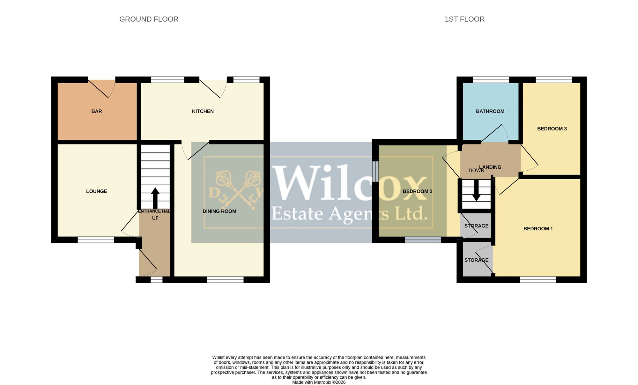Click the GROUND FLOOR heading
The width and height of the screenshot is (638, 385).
click(149, 19)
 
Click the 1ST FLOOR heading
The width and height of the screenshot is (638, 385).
click(464, 19)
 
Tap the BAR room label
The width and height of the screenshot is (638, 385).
click(97, 111)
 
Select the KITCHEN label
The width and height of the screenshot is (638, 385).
click(203, 111)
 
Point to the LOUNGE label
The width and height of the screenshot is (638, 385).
click(97, 191)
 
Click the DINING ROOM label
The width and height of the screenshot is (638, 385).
click(219, 211)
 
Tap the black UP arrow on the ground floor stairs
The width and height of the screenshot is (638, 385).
click(155, 198)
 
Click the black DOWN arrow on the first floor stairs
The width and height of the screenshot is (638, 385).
click(476, 190)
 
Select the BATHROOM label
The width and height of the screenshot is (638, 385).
click(490, 111)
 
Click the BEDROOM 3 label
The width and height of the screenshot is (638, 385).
click(552, 129)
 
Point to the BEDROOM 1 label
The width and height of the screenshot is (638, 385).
click(538, 229)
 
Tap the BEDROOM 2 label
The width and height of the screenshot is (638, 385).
click(418, 191)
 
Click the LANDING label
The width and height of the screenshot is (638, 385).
click(490, 167)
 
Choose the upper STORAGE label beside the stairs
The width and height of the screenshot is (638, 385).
click(476, 226)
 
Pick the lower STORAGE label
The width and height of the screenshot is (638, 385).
click(476, 260)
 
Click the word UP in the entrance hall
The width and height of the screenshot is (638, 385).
click(155, 218)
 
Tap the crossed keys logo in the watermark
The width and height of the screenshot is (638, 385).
click(236, 190)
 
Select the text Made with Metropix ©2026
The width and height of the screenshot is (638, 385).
click(319, 382)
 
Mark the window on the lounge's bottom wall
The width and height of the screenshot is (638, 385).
click(96, 240)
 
